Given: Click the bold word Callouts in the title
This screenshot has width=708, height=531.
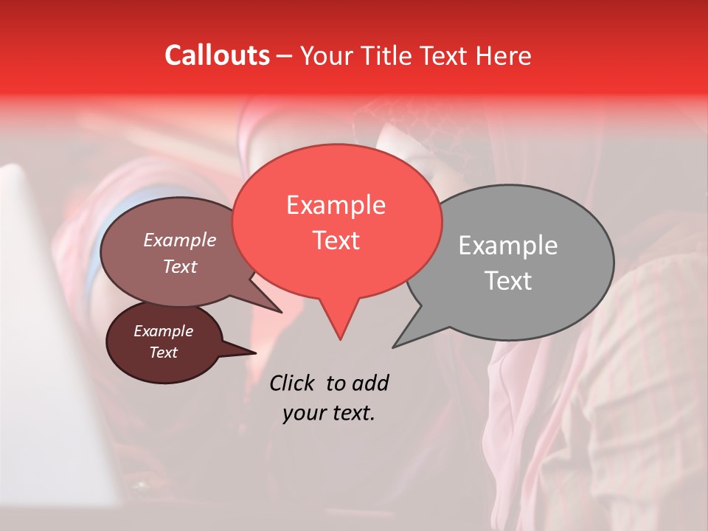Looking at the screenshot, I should click(217, 55).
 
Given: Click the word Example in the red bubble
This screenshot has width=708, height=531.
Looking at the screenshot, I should click(336, 205).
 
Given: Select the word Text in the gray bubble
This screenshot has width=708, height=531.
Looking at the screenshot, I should click(508, 281).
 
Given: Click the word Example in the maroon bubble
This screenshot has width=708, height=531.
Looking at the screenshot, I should click(163, 331).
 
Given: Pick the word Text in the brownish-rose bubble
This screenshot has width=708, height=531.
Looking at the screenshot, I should click(180, 267).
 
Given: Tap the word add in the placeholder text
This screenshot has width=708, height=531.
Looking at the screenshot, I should click(370, 383).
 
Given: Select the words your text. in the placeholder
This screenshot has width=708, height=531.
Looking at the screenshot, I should click(329, 413).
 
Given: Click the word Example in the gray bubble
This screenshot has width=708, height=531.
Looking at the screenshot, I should click(508, 246).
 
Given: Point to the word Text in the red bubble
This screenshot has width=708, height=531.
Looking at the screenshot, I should click(336, 240).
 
